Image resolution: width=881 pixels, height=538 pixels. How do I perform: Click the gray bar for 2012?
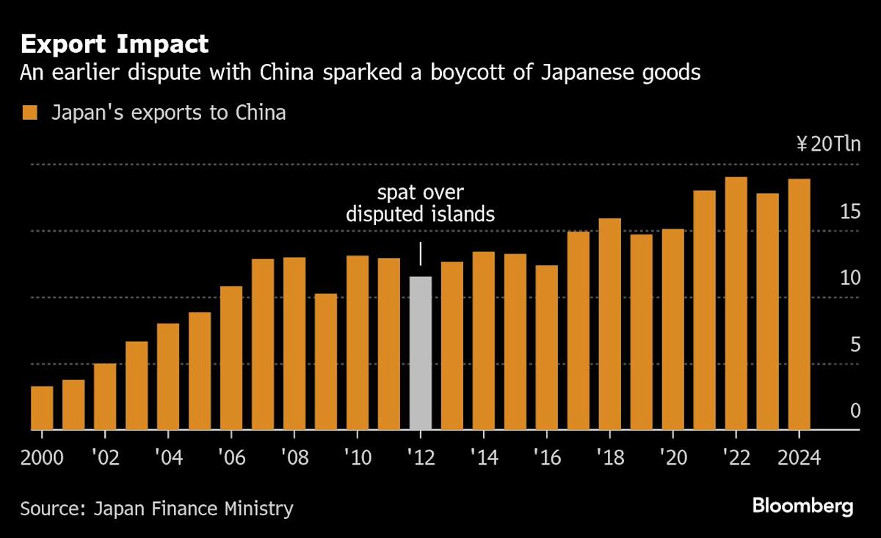click(x=420, y=353)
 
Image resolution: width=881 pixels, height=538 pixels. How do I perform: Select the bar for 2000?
click(x=42, y=408)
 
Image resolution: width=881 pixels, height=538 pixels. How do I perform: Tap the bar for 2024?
click(x=799, y=304)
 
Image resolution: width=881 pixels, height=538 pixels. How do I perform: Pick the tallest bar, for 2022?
click(x=736, y=303)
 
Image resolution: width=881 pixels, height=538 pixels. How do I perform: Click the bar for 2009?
click(x=326, y=362)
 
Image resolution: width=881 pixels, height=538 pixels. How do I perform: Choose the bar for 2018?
click(x=609, y=323)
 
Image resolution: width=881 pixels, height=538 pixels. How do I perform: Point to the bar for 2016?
click(x=546, y=347)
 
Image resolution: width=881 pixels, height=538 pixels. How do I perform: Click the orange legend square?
click(x=29, y=113)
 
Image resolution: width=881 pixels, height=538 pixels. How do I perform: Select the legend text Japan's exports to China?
click(x=168, y=113)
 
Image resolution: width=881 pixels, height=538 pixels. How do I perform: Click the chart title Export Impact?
click(x=115, y=44)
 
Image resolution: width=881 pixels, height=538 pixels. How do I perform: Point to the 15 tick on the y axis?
click(x=849, y=212)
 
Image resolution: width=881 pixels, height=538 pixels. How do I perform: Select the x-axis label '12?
click(x=420, y=457)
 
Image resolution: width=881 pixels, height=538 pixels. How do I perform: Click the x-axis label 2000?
click(x=42, y=457)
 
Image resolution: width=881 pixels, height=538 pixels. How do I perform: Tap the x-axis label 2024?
click(x=799, y=457)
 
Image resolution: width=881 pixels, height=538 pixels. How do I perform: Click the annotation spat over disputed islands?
click(x=420, y=204)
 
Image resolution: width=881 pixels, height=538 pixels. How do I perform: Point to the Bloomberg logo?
click(x=802, y=506)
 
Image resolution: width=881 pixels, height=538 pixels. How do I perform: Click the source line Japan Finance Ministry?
click(x=156, y=508)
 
